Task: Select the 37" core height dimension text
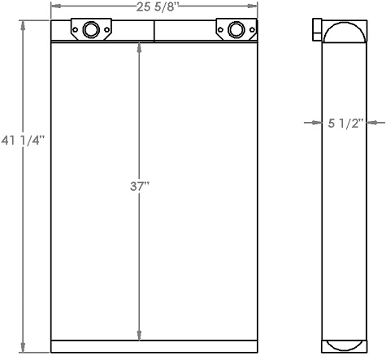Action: [140, 187]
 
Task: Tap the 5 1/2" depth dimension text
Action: [345, 124]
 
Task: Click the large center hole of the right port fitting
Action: [236, 30]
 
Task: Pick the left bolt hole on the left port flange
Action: [76, 31]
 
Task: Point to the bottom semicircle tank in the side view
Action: [345, 345]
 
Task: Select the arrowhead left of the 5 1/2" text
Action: [319, 124]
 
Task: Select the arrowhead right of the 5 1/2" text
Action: [371, 124]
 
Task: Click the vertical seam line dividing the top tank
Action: [154, 31]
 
